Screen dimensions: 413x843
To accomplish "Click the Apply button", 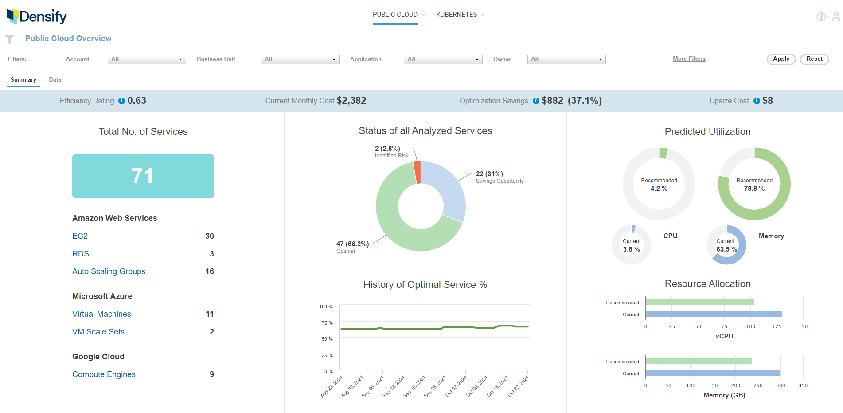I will pyautogui.click(x=781, y=59).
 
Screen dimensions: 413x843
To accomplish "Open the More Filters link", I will pyautogui.click(x=689, y=59).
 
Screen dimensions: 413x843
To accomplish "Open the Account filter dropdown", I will pyautogui.click(x=146, y=59).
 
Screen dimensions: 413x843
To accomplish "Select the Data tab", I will pyautogui.click(x=55, y=80).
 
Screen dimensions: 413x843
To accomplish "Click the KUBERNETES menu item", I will pyautogui.click(x=457, y=15).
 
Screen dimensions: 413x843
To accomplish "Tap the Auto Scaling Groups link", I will pyautogui.click(x=109, y=271).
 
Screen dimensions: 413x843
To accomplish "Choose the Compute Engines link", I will pyautogui.click(x=104, y=374).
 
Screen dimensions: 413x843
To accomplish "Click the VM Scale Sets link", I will pyautogui.click(x=98, y=332).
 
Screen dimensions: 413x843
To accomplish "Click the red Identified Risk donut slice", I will pyautogui.click(x=417, y=172).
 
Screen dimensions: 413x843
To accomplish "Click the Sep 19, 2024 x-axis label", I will pyautogui.click(x=414, y=386).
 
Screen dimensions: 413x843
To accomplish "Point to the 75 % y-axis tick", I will pyautogui.click(x=327, y=323).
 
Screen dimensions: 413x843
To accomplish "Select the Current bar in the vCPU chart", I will pyautogui.click(x=713, y=314).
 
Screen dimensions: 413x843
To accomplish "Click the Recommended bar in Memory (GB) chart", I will pyautogui.click(x=698, y=361).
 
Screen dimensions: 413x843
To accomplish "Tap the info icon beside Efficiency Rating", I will pyautogui.click(x=121, y=101).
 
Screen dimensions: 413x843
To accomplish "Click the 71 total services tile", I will pyautogui.click(x=143, y=176).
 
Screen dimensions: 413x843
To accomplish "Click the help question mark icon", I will pyautogui.click(x=821, y=17).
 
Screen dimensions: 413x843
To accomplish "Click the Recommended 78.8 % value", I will pyautogui.click(x=754, y=189).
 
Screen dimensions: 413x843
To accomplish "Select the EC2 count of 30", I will pyautogui.click(x=210, y=236).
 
